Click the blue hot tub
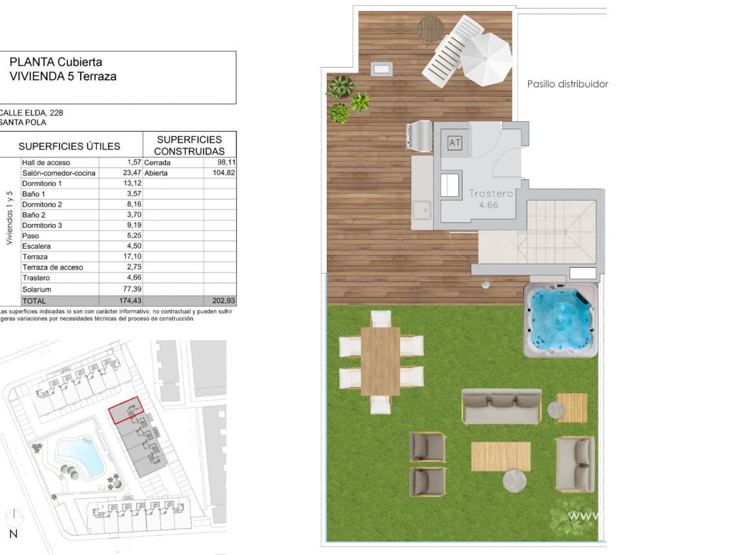(560, 319)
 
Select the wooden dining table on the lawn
(380, 361)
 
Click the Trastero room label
(491, 193)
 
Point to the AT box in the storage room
(455, 143)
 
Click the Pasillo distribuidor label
(567, 84)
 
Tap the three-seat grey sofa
(501, 407)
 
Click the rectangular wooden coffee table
(500, 456)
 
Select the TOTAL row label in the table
(35, 301)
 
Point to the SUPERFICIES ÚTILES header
(78, 146)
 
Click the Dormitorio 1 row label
(42, 184)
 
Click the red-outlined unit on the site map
(123, 410)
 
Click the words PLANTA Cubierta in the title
(56, 63)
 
